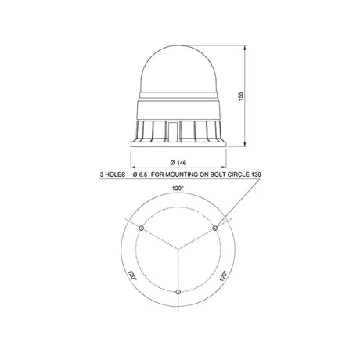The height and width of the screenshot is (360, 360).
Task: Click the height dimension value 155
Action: (x=241, y=96)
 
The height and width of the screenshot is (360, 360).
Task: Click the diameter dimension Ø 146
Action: (x=178, y=163)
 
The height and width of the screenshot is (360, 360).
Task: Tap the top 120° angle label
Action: (x=178, y=188)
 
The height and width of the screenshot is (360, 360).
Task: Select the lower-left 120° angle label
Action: (x=132, y=275)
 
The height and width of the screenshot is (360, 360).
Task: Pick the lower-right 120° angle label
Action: (x=224, y=275)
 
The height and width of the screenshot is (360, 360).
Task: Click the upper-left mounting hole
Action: (x=142, y=229)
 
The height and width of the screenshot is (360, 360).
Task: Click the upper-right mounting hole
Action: (x=214, y=229)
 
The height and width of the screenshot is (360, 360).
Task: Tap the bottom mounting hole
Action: (x=178, y=292)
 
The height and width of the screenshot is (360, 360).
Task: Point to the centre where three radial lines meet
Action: (x=178, y=250)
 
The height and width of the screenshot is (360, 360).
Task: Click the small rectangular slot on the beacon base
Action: (x=172, y=132)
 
